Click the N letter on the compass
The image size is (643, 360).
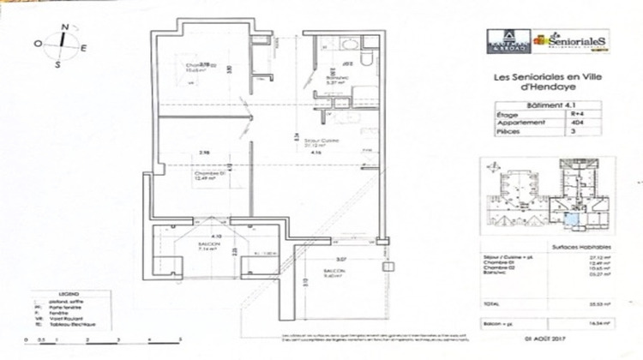(x=65, y=26)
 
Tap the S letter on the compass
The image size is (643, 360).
(x=57, y=63)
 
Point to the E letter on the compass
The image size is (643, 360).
(x=83, y=48)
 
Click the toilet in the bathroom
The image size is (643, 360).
(x=365, y=58)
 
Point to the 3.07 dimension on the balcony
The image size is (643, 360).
(x=316, y=258)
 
